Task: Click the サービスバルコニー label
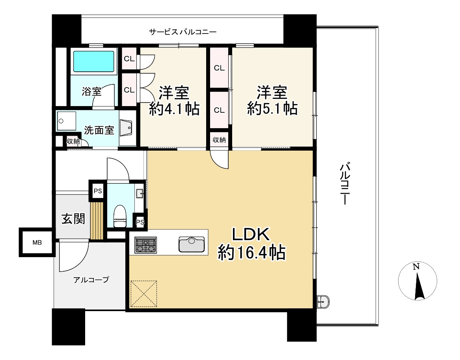(x=183, y=32)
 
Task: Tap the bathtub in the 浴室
(x=94, y=61)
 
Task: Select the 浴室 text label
(x=91, y=92)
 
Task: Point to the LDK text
(x=250, y=235)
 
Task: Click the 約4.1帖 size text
(x=173, y=108)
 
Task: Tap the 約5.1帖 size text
(x=272, y=108)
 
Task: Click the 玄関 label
(x=73, y=218)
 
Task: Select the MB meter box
(x=37, y=242)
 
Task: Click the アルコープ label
(x=91, y=280)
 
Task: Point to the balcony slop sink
(x=322, y=302)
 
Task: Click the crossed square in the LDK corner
(x=143, y=293)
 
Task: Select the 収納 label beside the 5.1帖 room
(x=219, y=140)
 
